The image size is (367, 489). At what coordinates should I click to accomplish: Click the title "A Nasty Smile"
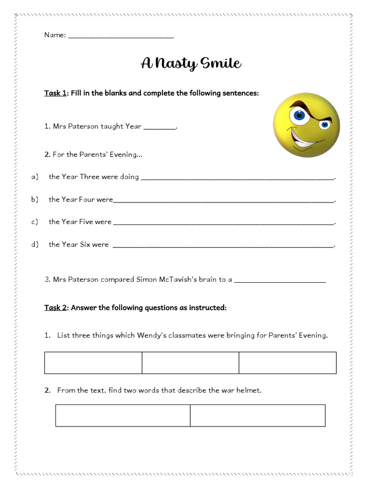[191, 64]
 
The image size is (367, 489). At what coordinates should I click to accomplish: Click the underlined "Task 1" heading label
[55, 93]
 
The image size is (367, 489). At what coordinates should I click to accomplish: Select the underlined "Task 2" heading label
[55, 308]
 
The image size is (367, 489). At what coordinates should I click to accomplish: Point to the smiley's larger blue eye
[299, 115]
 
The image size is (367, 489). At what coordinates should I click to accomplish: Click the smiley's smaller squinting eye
[325, 125]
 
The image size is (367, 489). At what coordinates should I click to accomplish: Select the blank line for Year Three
[237, 178]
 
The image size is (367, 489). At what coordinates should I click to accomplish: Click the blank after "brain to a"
[280, 281]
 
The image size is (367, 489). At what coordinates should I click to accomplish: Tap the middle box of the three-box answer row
[190, 363]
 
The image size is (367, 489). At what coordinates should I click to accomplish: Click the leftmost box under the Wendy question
[93, 363]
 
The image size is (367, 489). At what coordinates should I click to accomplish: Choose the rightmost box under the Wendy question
[288, 363]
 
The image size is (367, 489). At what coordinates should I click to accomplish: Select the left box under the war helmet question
[123, 415]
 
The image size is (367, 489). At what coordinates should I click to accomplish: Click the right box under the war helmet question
[258, 415]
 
